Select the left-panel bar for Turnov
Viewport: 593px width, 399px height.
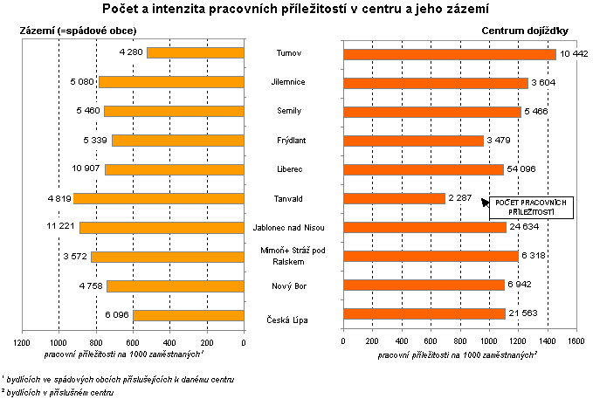tap(196, 53)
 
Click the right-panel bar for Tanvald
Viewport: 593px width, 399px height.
tap(395, 198)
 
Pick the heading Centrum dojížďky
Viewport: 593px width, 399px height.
tap(526, 31)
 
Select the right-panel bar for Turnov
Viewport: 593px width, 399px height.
tap(450, 54)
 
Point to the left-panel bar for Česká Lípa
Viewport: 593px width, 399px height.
tap(189, 315)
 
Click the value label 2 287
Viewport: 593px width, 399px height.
tap(460, 199)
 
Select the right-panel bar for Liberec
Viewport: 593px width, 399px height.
tap(424, 169)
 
